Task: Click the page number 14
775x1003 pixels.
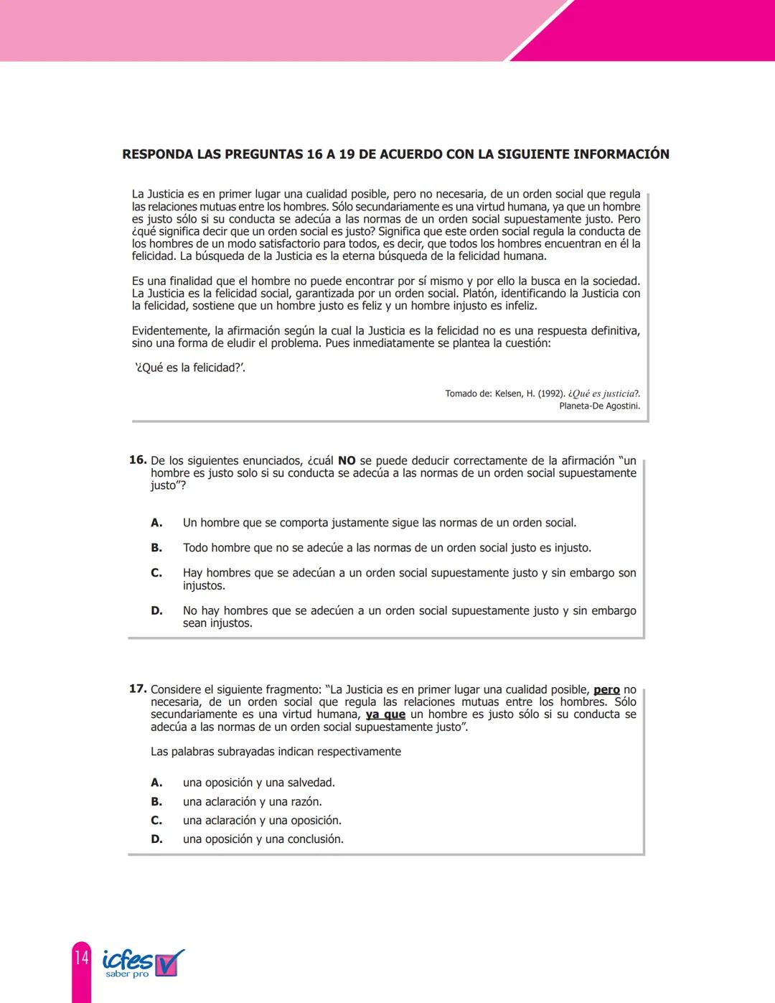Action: (x=81, y=958)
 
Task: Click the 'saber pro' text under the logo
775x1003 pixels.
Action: (x=127, y=974)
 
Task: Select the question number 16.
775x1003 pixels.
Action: (x=138, y=460)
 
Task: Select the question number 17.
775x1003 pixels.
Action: (x=138, y=689)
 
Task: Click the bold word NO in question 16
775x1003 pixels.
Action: (x=347, y=461)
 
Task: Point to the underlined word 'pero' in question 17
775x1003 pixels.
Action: (x=606, y=690)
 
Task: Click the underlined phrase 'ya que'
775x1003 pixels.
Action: (x=385, y=714)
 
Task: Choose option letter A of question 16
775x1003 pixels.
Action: (x=156, y=523)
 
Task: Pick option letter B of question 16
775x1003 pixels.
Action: (x=156, y=548)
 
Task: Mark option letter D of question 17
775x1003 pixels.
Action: (x=156, y=839)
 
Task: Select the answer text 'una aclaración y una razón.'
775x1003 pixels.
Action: (x=252, y=802)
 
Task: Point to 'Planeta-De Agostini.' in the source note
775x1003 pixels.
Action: (x=599, y=406)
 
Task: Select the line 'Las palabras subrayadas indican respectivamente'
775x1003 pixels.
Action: (x=276, y=752)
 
